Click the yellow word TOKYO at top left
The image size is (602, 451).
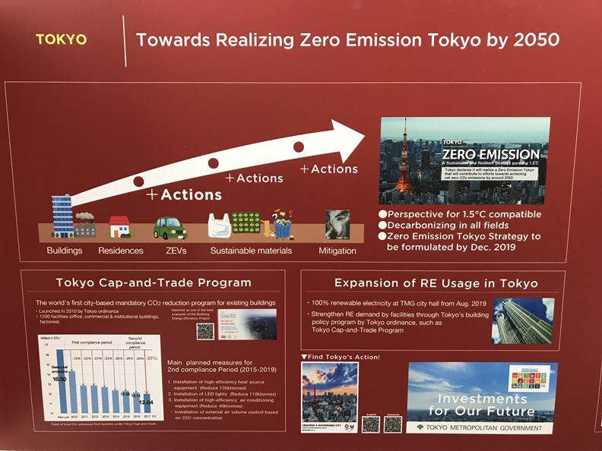[x=61, y=39]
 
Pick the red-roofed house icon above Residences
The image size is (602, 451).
[x=119, y=226]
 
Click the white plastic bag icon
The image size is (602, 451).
[x=220, y=226]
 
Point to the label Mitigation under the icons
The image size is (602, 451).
[x=337, y=250]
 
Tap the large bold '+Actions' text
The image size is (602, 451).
[x=185, y=194]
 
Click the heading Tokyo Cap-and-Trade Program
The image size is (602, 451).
[x=153, y=283]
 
